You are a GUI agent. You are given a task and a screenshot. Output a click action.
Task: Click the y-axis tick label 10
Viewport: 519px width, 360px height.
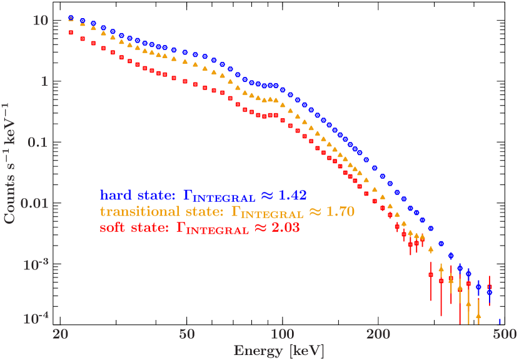click(x=40, y=21)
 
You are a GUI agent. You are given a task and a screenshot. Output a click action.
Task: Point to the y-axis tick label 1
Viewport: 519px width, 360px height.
click(x=44, y=82)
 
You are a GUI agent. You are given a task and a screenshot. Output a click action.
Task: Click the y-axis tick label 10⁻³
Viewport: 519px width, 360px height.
click(x=36, y=264)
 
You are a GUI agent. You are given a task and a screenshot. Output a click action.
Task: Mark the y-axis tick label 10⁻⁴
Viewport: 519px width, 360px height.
click(x=36, y=319)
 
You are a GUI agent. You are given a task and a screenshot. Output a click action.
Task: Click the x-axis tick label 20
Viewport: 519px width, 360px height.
click(x=61, y=334)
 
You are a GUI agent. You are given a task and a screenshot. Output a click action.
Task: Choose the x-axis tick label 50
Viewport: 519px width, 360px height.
click(x=187, y=334)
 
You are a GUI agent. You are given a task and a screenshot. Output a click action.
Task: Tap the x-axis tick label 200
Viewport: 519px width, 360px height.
click(x=378, y=334)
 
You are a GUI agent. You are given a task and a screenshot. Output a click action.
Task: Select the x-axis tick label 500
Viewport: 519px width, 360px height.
click(x=504, y=334)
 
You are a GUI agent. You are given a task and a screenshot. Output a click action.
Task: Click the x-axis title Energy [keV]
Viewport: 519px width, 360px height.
click(x=279, y=351)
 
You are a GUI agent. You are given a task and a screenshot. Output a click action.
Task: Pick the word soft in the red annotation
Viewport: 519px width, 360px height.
click(x=113, y=228)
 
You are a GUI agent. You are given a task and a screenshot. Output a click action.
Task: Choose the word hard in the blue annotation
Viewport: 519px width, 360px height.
click(x=114, y=195)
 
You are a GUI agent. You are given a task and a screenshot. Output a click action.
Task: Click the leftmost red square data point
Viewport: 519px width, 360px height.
click(x=71, y=32)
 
